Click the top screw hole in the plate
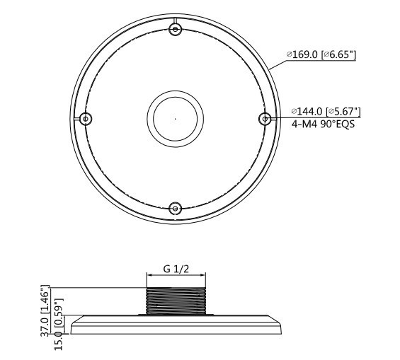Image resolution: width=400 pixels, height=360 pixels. click(x=176, y=29)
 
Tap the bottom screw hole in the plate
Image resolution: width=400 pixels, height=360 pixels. click(x=176, y=209)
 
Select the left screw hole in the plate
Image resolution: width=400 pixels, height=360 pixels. click(x=86, y=119)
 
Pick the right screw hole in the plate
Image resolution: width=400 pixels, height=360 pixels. click(x=265, y=119)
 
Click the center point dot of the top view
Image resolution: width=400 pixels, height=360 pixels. click(x=176, y=119)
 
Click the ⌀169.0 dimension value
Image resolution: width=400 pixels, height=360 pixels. click(x=302, y=54)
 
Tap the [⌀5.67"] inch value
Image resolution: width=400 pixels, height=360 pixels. click(x=343, y=111)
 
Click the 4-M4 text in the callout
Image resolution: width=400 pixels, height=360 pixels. click(x=304, y=124)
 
